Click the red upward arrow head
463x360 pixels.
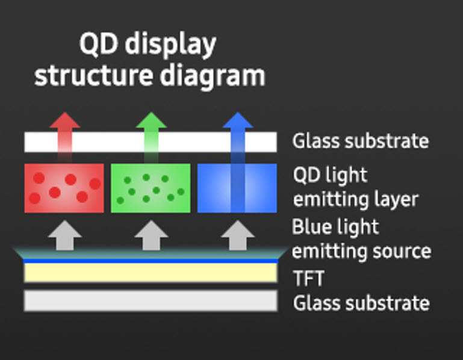(64, 120)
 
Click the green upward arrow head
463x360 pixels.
(151, 120)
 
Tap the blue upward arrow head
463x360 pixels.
(238, 120)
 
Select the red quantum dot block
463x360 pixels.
(64, 188)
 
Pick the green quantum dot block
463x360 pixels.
(151, 188)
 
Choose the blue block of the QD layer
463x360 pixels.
(237, 188)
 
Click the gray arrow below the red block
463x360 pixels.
(64, 235)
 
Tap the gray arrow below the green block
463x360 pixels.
(151, 235)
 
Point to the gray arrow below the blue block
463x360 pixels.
(238, 235)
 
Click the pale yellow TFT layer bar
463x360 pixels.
(151, 273)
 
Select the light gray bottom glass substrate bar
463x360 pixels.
(151, 300)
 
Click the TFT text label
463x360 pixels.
(309, 278)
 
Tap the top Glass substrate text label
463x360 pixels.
(361, 141)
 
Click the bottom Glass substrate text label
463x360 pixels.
(361, 303)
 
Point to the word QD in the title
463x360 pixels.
(99, 44)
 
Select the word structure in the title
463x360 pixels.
(93, 76)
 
